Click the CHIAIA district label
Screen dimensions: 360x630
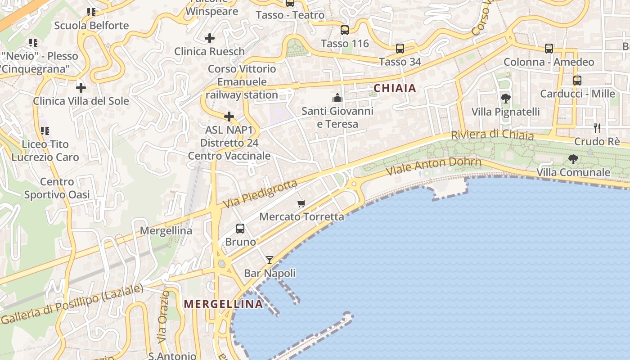[395, 88]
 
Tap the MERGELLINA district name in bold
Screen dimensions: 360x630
[223, 304]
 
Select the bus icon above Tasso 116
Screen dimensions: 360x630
[345, 30]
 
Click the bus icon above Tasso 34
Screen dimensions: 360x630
[400, 49]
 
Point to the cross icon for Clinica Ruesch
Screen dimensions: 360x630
[210, 38]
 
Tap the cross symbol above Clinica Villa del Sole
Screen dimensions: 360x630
[81, 87]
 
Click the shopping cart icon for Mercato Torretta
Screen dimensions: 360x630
[301, 203]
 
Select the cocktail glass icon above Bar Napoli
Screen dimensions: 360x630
[270, 260]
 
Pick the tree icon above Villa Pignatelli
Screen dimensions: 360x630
[505, 98]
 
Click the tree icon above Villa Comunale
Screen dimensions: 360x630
[573, 159]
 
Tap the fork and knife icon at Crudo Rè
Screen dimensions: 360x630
[597, 128]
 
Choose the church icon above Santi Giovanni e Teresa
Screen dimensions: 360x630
[337, 97]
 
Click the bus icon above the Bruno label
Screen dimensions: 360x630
[240, 228]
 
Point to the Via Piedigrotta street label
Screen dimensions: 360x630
[260, 194]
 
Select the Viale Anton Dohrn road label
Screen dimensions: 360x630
[433, 166]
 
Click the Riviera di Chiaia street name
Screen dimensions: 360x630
[492, 135]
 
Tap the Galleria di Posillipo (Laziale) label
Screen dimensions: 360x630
[72, 304]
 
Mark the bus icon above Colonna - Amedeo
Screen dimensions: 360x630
[549, 49]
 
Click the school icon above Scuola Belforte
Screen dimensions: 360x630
[91, 12]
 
